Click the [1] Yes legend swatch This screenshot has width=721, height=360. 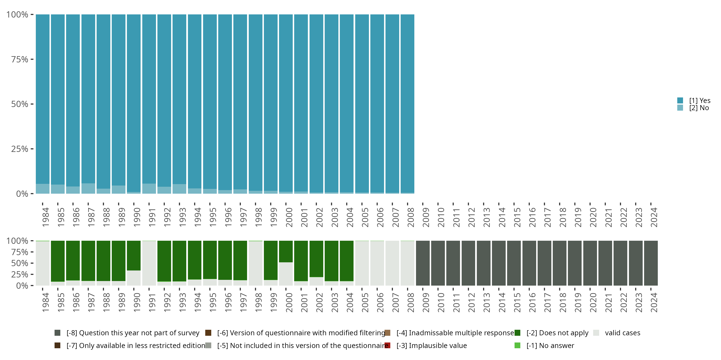(680, 100)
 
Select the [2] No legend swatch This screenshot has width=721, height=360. (680, 108)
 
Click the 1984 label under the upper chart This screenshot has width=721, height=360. (45, 217)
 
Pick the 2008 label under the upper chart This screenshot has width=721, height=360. (410, 217)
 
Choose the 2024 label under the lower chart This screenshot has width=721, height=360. (654, 302)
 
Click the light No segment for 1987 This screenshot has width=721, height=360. (88, 188)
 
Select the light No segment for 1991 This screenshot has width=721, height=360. (149, 189)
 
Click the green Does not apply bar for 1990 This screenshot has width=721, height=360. (134, 255)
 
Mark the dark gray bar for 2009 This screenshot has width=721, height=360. (423, 263)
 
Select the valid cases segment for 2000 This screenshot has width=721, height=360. (286, 274)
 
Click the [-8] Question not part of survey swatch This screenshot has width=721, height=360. (57, 333)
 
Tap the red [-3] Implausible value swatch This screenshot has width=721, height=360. (387, 345)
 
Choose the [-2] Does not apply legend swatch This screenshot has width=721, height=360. (517, 333)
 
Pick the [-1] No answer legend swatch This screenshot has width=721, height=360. (517, 345)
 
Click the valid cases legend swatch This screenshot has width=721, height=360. (596, 333)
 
